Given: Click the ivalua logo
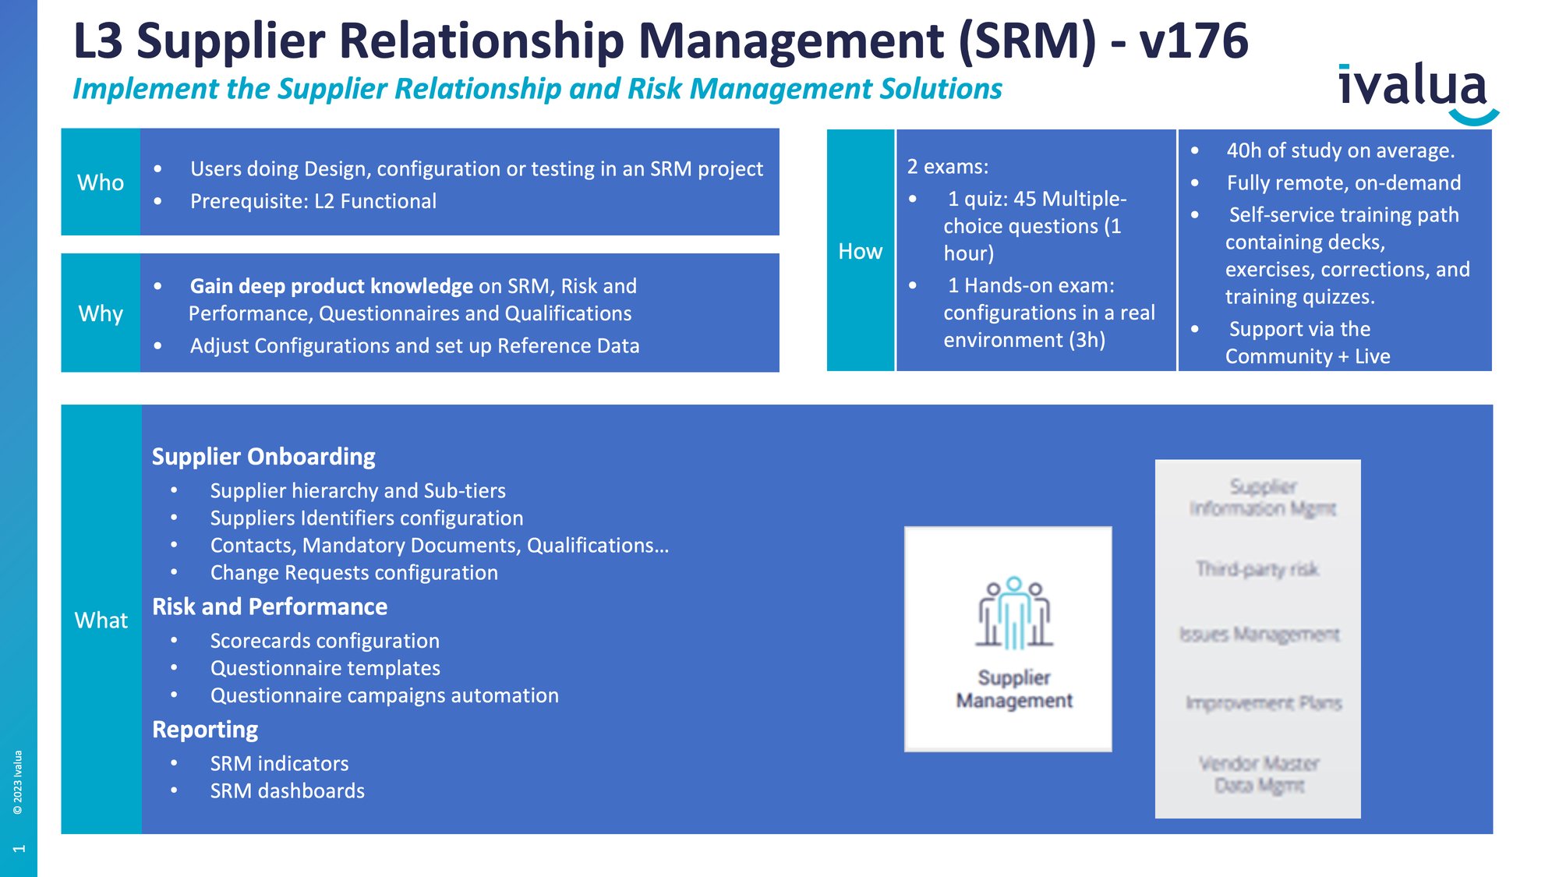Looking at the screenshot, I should (x=1415, y=90).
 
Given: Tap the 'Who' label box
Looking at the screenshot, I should (x=101, y=182).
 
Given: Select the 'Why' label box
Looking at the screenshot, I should (x=101, y=313).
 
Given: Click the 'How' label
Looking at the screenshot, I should (x=860, y=251).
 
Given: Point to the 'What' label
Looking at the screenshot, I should (x=101, y=621).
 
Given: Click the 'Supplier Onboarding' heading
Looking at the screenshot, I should (x=263, y=457).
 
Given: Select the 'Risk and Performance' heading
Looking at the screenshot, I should (x=270, y=606).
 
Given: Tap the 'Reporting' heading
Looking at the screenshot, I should (x=205, y=730).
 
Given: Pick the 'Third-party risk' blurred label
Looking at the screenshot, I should (x=1257, y=569).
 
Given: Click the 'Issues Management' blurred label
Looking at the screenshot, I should (x=1259, y=635).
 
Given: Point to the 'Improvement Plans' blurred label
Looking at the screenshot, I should (x=1263, y=703).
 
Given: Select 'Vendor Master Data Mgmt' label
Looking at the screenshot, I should (x=1259, y=774).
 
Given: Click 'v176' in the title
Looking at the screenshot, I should (x=1193, y=41).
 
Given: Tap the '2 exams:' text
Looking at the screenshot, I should (x=948, y=167).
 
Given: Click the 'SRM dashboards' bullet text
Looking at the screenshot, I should (x=287, y=791).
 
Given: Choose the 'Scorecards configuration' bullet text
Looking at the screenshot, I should (x=324, y=641).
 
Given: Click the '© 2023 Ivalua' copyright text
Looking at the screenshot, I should (x=18, y=782).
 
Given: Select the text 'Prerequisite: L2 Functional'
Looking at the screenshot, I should (x=313, y=201).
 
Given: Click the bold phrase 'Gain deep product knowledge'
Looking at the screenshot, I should (x=331, y=286).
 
